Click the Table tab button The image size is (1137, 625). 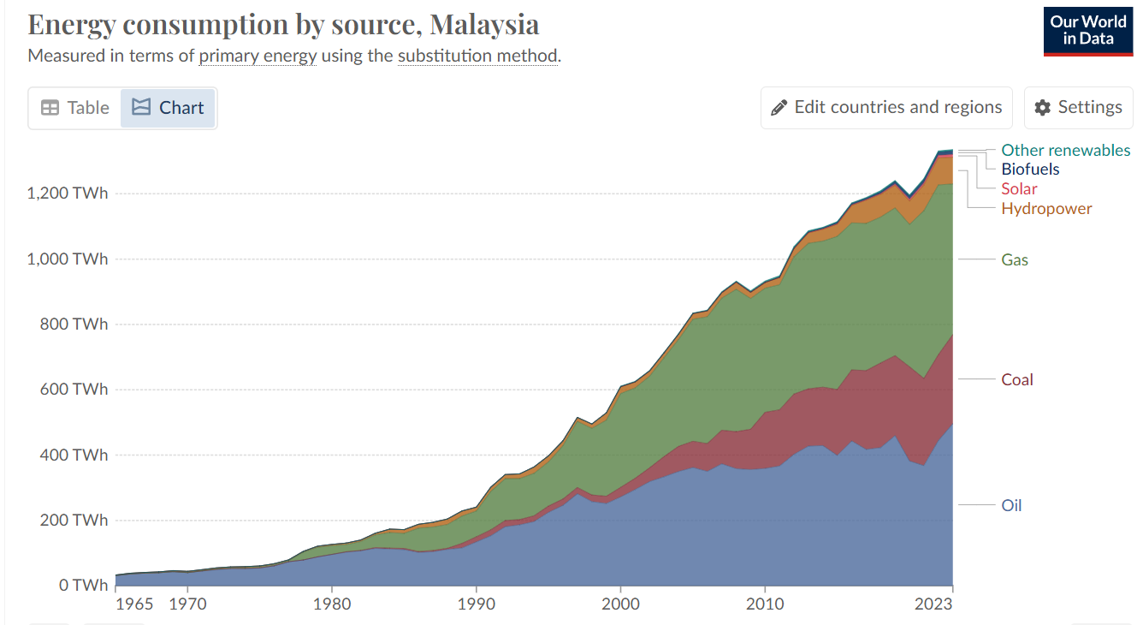pyautogui.click(x=75, y=108)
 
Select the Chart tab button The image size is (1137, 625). pyautogui.click(x=168, y=108)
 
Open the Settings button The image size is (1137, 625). pyautogui.click(x=1078, y=107)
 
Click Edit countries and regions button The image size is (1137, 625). pyautogui.click(x=886, y=107)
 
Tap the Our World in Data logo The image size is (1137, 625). pyautogui.click(x=1087, y=32)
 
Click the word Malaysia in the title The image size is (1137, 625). pyautogui.click(x=484, y=24)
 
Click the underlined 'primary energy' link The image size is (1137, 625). pyautogui.click(x=258, y=57)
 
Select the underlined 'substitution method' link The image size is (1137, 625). pyautogui.click(x=477, y=57)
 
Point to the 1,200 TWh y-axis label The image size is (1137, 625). pyautogui.click(x=68, y=193)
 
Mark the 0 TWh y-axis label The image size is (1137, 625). pyautogui.click(x=83, y=586)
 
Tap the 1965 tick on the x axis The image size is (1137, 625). pyautogui.click(x=134, y=604)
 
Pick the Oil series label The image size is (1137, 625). pyautogui.click(x=1011, y=505)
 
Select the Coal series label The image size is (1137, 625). pyautogui.click(x=1017, y=379)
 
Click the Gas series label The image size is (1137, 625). pyautogui.click(x=1015, y=259)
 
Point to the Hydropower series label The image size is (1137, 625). pyautogui.click(x=1046, y=208)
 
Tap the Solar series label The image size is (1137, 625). pyautogui.click(x=1019, y=188)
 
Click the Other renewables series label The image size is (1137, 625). pyautogui.click(x=1065, y=150)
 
